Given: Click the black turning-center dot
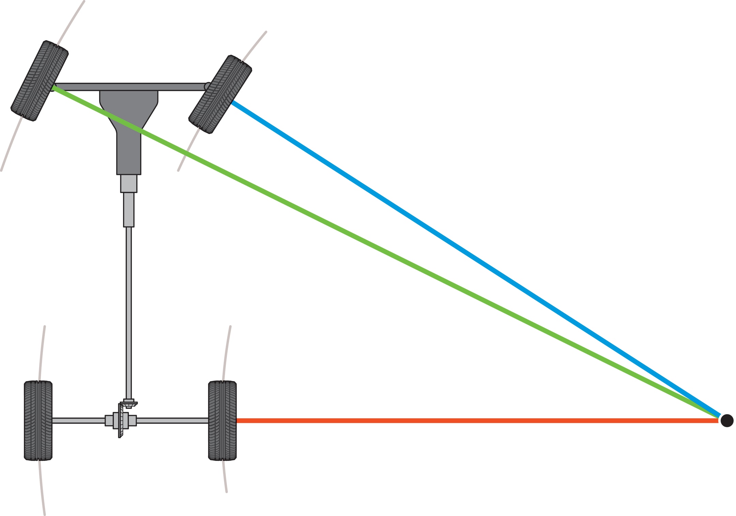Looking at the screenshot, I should (727, 421).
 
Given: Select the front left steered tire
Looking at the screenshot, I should (40, 81).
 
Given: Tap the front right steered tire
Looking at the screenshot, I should (220, 94).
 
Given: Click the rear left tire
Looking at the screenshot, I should (38, 420).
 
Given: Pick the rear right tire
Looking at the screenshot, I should (222, 420).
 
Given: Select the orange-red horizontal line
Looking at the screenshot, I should (477, 421).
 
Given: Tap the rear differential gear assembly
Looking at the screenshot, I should (121, 421).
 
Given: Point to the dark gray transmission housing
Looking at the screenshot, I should (129, 136).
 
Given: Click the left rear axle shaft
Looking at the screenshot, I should (78, 421).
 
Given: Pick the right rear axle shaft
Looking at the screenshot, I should (172, 421).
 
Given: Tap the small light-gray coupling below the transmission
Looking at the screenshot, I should (129, 184).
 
